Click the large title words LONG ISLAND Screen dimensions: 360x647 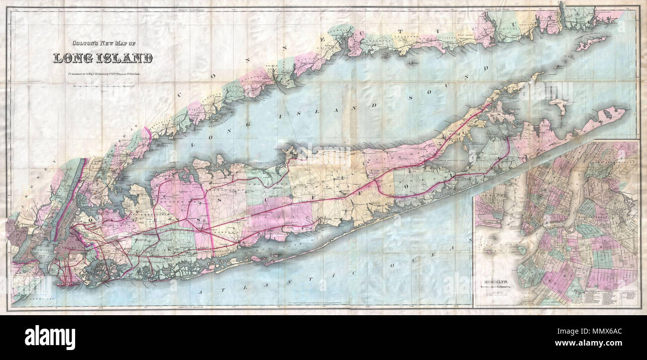(x=103, y=58)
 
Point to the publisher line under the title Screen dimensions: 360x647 (x=103, y=75)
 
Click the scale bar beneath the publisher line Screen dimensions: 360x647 (x=103, y=86)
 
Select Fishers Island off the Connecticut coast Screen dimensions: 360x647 (x=591, y=44)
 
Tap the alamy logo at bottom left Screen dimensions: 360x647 (x=50, y=337)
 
